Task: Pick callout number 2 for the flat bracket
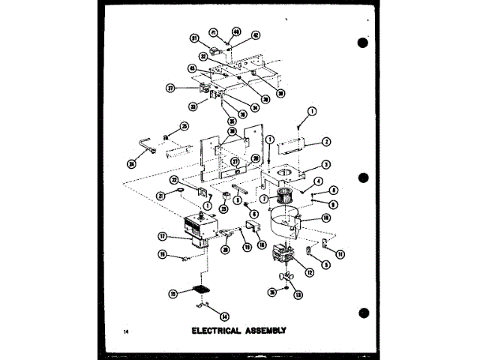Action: (x=327, y=142)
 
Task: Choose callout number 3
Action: (x=327, y=165)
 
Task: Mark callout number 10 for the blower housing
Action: (x=326, y=217)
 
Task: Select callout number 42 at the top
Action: (x=256, y=34)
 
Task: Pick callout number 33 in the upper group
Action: (x=193, y=106)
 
